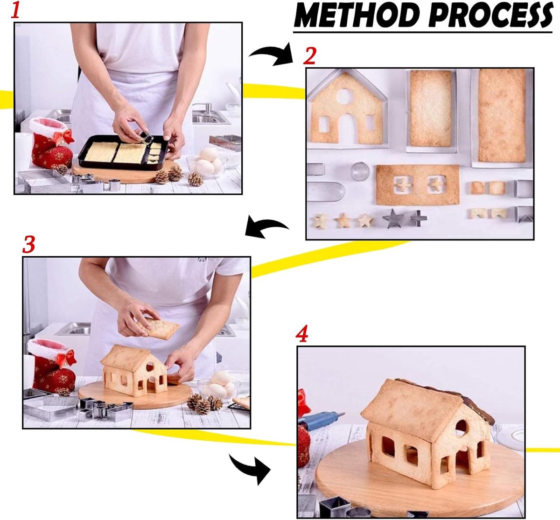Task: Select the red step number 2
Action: click(x=309, y=56)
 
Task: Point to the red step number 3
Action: click(x=29, y=244)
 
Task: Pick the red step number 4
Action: click(x=302, y=334)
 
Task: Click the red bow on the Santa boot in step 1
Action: click(x=65, y=137)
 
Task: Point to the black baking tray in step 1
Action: click(x=123, y=152)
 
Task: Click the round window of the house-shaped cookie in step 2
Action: click(x=344, y=96)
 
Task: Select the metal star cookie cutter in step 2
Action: click(x=393, y=218)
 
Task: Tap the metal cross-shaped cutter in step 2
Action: click(x=419, y=218)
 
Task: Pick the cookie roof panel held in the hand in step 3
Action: click(x=158, y=328)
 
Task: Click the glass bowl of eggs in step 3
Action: click(x=219, y=386)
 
